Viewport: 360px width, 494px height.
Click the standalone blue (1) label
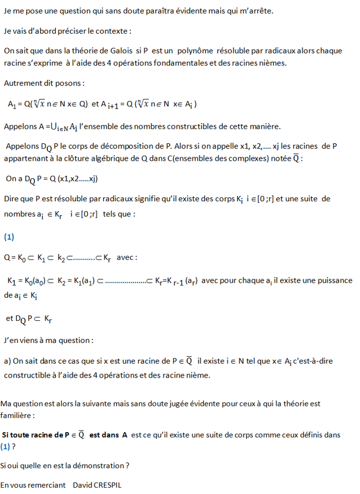pos(9,237)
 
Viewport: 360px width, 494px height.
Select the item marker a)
pos(7,362)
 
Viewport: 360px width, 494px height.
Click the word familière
pos(17,416)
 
